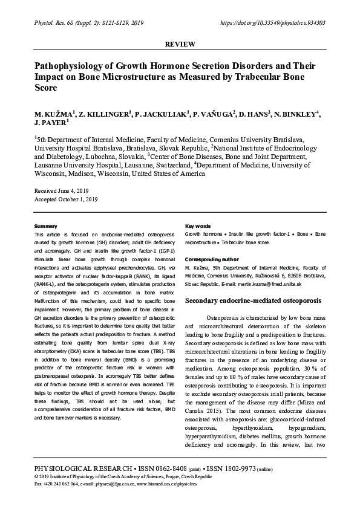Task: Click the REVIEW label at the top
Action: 180,44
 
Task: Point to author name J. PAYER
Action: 51,124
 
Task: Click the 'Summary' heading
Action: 46,226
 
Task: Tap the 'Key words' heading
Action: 198,226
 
